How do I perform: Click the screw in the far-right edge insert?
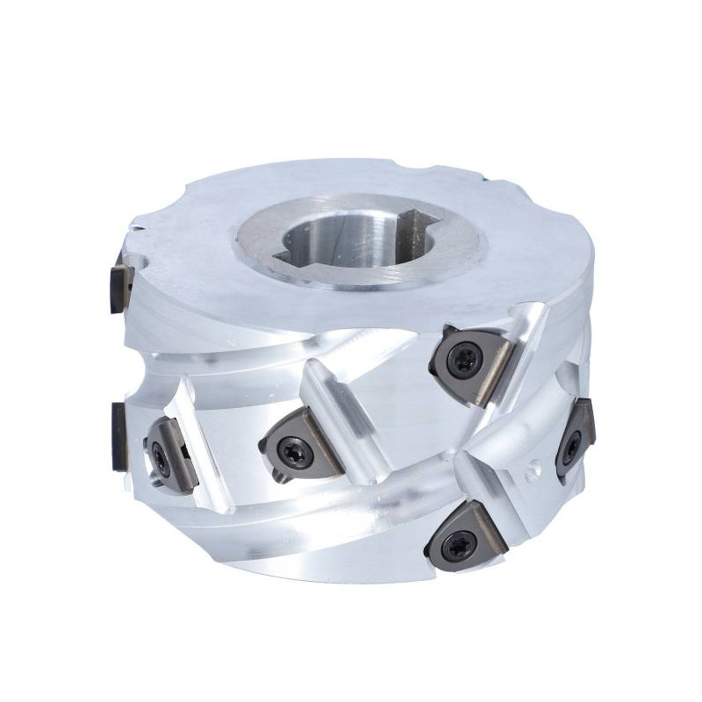click(573, 440)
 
